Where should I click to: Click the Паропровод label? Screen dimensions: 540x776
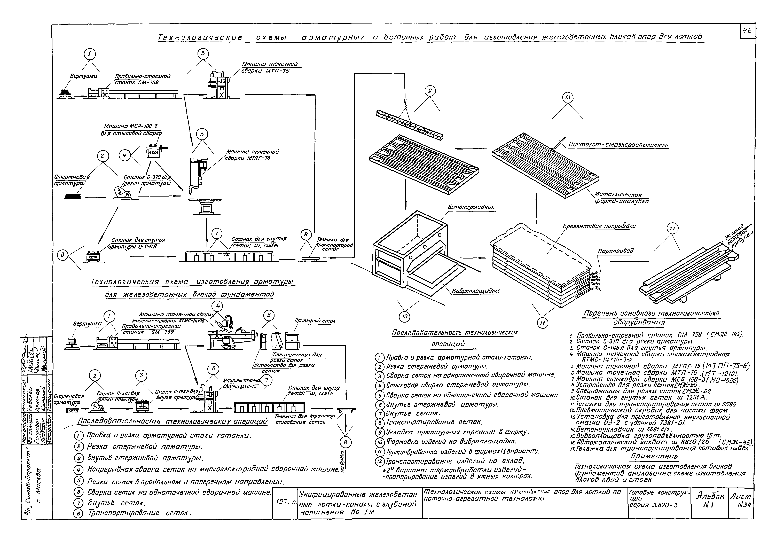tap(615, 251)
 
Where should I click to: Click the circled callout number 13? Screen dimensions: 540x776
tap(568, 98)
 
